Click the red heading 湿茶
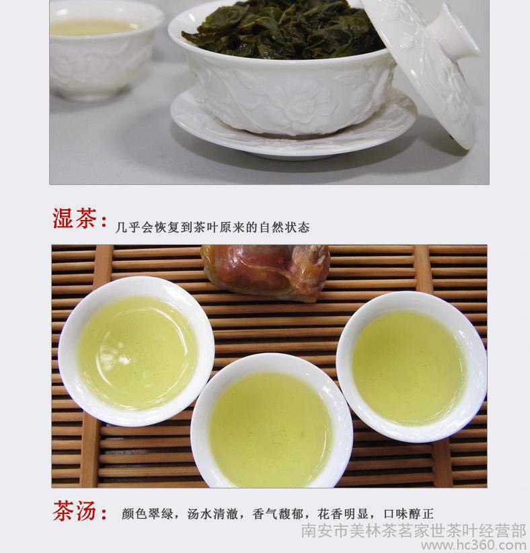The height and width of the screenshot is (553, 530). pyautogui.click(x=74, y=219)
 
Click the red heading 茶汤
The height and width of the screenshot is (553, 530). pyautogui.click(x=75, y=511)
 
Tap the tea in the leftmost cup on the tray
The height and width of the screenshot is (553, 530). pyautogui.click(x=137, y=353)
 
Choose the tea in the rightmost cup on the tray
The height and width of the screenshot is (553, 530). pyautogui.click(x=409, y=367)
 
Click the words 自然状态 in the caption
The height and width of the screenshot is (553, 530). pyautogui.click(x=285, y=227)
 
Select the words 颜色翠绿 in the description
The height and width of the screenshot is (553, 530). pyautogui.click(x=148, y=514)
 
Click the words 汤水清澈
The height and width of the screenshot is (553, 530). pyautogui.click(x=213, y=514)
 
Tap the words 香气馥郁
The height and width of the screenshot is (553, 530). pyautogui.click(x=278, y=514)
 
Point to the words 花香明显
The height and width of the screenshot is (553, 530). pyautogui.click(x=343, y=514)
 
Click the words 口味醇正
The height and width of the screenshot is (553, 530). pyautogui.click(x=408, y=514)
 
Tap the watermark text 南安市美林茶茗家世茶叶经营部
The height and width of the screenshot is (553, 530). pyautogui.click(x=414, y=531)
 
